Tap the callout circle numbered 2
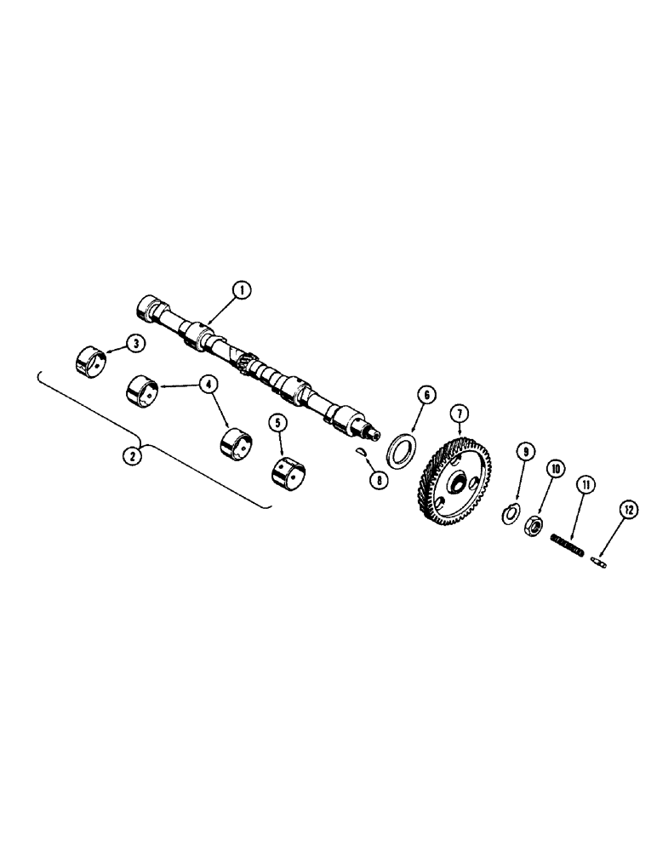(131, 456)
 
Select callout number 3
(134, 343)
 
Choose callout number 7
(460, 414)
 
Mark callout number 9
(525, 451)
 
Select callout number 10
(555, 468)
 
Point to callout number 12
(628, 510)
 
